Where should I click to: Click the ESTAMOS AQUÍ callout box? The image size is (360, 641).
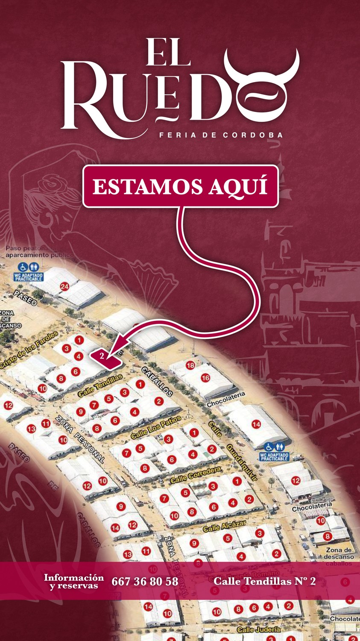[180, 186]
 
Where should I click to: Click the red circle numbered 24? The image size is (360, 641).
[64, 287]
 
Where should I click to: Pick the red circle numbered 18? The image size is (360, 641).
[190, 365]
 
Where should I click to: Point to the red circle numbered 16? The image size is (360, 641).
[205, 378]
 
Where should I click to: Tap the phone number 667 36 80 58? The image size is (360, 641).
[145, 582]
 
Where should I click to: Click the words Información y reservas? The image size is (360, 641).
[73, 582]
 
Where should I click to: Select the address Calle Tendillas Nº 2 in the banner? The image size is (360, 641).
[264, 581]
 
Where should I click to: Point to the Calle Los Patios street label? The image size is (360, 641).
[156, 427]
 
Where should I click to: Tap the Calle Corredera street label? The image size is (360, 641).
[196, 475]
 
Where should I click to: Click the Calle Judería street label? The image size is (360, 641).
[258, 629]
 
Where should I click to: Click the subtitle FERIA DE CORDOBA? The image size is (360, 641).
[221, 135]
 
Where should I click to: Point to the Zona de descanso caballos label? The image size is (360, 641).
[339, 557]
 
